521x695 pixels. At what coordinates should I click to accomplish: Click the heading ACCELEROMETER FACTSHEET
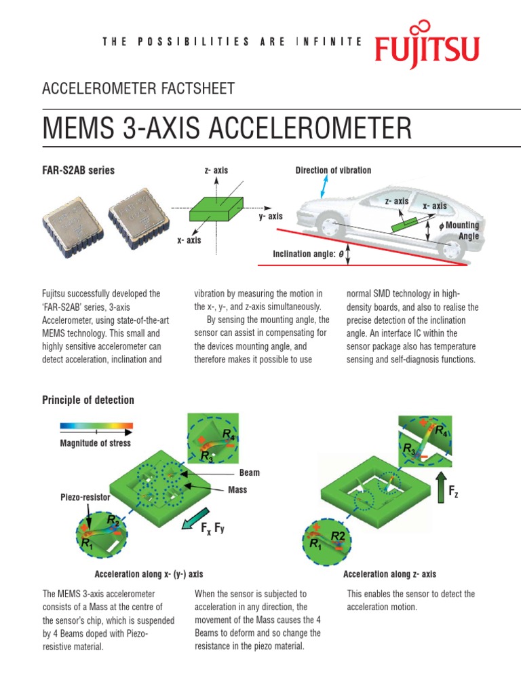(138, 88)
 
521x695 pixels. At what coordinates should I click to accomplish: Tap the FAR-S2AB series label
(79, 170)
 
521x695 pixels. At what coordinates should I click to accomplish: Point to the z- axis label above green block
(216, 170)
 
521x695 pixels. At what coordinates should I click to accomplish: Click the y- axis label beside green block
(270, 217)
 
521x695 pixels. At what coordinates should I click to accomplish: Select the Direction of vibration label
(333, 170)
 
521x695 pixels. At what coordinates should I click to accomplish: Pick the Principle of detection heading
(88, 400)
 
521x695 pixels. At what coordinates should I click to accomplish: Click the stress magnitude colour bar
(96, 428)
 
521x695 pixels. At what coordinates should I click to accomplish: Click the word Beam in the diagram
(249, 472)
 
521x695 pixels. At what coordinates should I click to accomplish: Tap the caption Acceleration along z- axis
(389, 574)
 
